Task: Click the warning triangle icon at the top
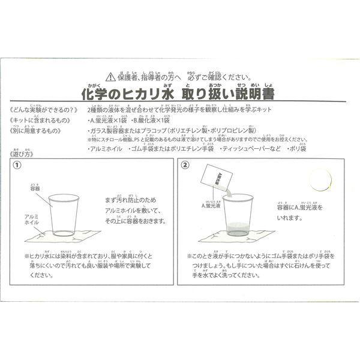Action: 109,77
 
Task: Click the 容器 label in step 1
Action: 35,188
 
